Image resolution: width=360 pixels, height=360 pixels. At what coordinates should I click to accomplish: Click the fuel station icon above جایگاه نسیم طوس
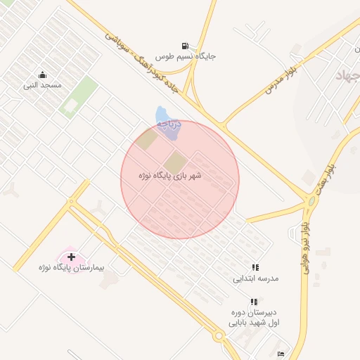185,45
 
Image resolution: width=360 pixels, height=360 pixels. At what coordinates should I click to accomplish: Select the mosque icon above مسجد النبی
43,75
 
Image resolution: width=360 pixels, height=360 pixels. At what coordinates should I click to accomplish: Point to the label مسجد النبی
43,85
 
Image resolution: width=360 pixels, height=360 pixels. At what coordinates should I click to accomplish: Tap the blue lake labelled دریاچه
162,116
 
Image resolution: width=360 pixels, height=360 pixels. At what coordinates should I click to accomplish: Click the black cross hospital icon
71,257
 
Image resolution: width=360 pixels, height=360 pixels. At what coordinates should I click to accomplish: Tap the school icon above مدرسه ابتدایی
256,267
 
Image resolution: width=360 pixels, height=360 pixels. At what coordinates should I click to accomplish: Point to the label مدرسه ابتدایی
256,278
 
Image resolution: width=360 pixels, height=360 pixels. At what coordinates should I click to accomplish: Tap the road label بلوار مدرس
281,79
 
